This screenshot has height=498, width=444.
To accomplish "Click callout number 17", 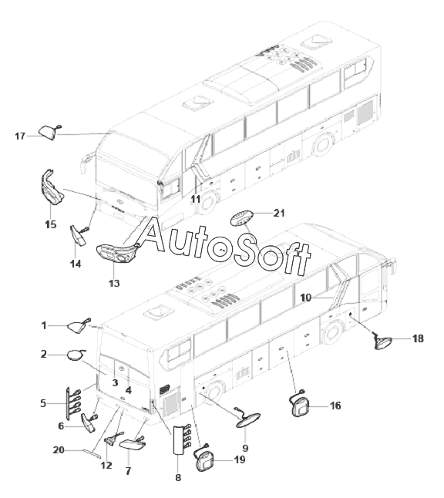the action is [x=20, y=136].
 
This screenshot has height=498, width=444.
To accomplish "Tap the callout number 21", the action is [x=279, y=213].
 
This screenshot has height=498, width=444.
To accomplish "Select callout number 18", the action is [x=418, y=338].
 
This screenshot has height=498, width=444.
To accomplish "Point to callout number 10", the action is [x=306, y=298].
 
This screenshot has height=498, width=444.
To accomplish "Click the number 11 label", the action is [x=196, y=199].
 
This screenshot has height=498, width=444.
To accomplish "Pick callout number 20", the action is [x=59, y=450].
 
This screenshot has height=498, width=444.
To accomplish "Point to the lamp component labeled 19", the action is [x=204, y=460].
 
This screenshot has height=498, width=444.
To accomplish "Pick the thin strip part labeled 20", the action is [x=92, y=454].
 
